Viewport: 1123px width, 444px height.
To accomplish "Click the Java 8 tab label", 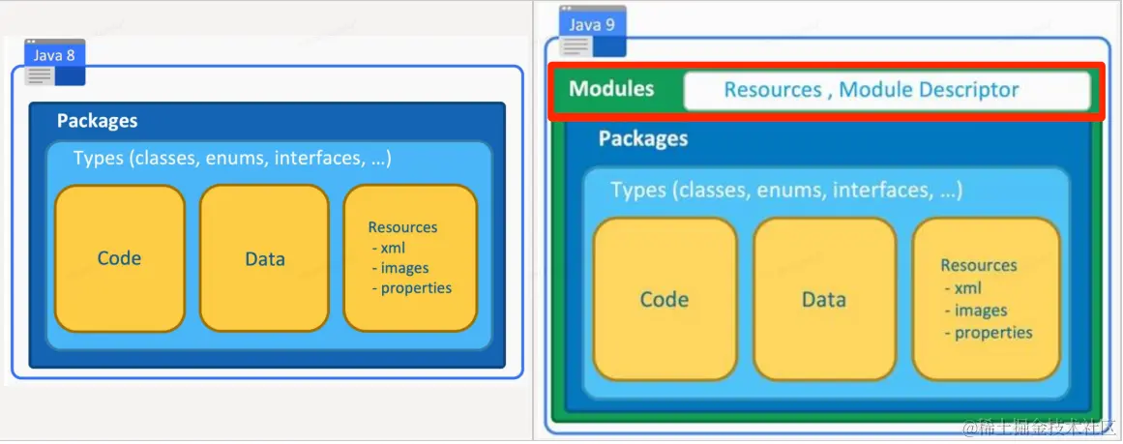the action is [x=54, y=55].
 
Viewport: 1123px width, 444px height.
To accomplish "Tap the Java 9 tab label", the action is [x=592, y=25].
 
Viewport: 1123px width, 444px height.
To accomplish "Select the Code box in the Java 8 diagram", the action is [x=120, y=258].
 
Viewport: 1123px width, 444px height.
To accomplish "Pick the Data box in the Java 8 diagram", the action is [x=264, y=258].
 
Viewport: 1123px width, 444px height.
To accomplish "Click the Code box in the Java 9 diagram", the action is [x=665, y=299].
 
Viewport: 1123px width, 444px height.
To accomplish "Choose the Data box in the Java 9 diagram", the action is [x=824, y=299].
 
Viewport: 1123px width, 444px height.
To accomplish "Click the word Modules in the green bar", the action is [x=611, y=89].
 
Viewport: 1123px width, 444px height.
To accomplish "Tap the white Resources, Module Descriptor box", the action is [x=887, y=90].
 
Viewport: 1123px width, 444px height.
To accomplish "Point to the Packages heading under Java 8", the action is [x=98, y=120].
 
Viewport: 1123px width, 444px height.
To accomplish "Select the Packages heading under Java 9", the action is [x=643, y=138].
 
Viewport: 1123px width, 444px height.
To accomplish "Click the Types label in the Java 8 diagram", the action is [x=232, y=158].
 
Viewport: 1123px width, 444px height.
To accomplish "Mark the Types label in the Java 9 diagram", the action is [x=786, y=190].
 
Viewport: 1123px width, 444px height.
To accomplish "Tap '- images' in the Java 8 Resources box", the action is [x=400, y=268].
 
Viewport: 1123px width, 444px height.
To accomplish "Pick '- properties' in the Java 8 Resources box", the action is [x=412, y=288].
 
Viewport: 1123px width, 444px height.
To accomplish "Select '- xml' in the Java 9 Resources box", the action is [x=963, y=288].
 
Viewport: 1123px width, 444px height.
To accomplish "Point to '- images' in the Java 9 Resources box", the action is [x=976, y=311].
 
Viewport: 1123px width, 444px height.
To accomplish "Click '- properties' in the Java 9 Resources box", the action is [x=990, y=333].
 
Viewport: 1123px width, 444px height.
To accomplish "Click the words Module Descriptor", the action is [x=929, y=90].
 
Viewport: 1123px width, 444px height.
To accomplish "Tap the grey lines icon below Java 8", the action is [x=41, y=74].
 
